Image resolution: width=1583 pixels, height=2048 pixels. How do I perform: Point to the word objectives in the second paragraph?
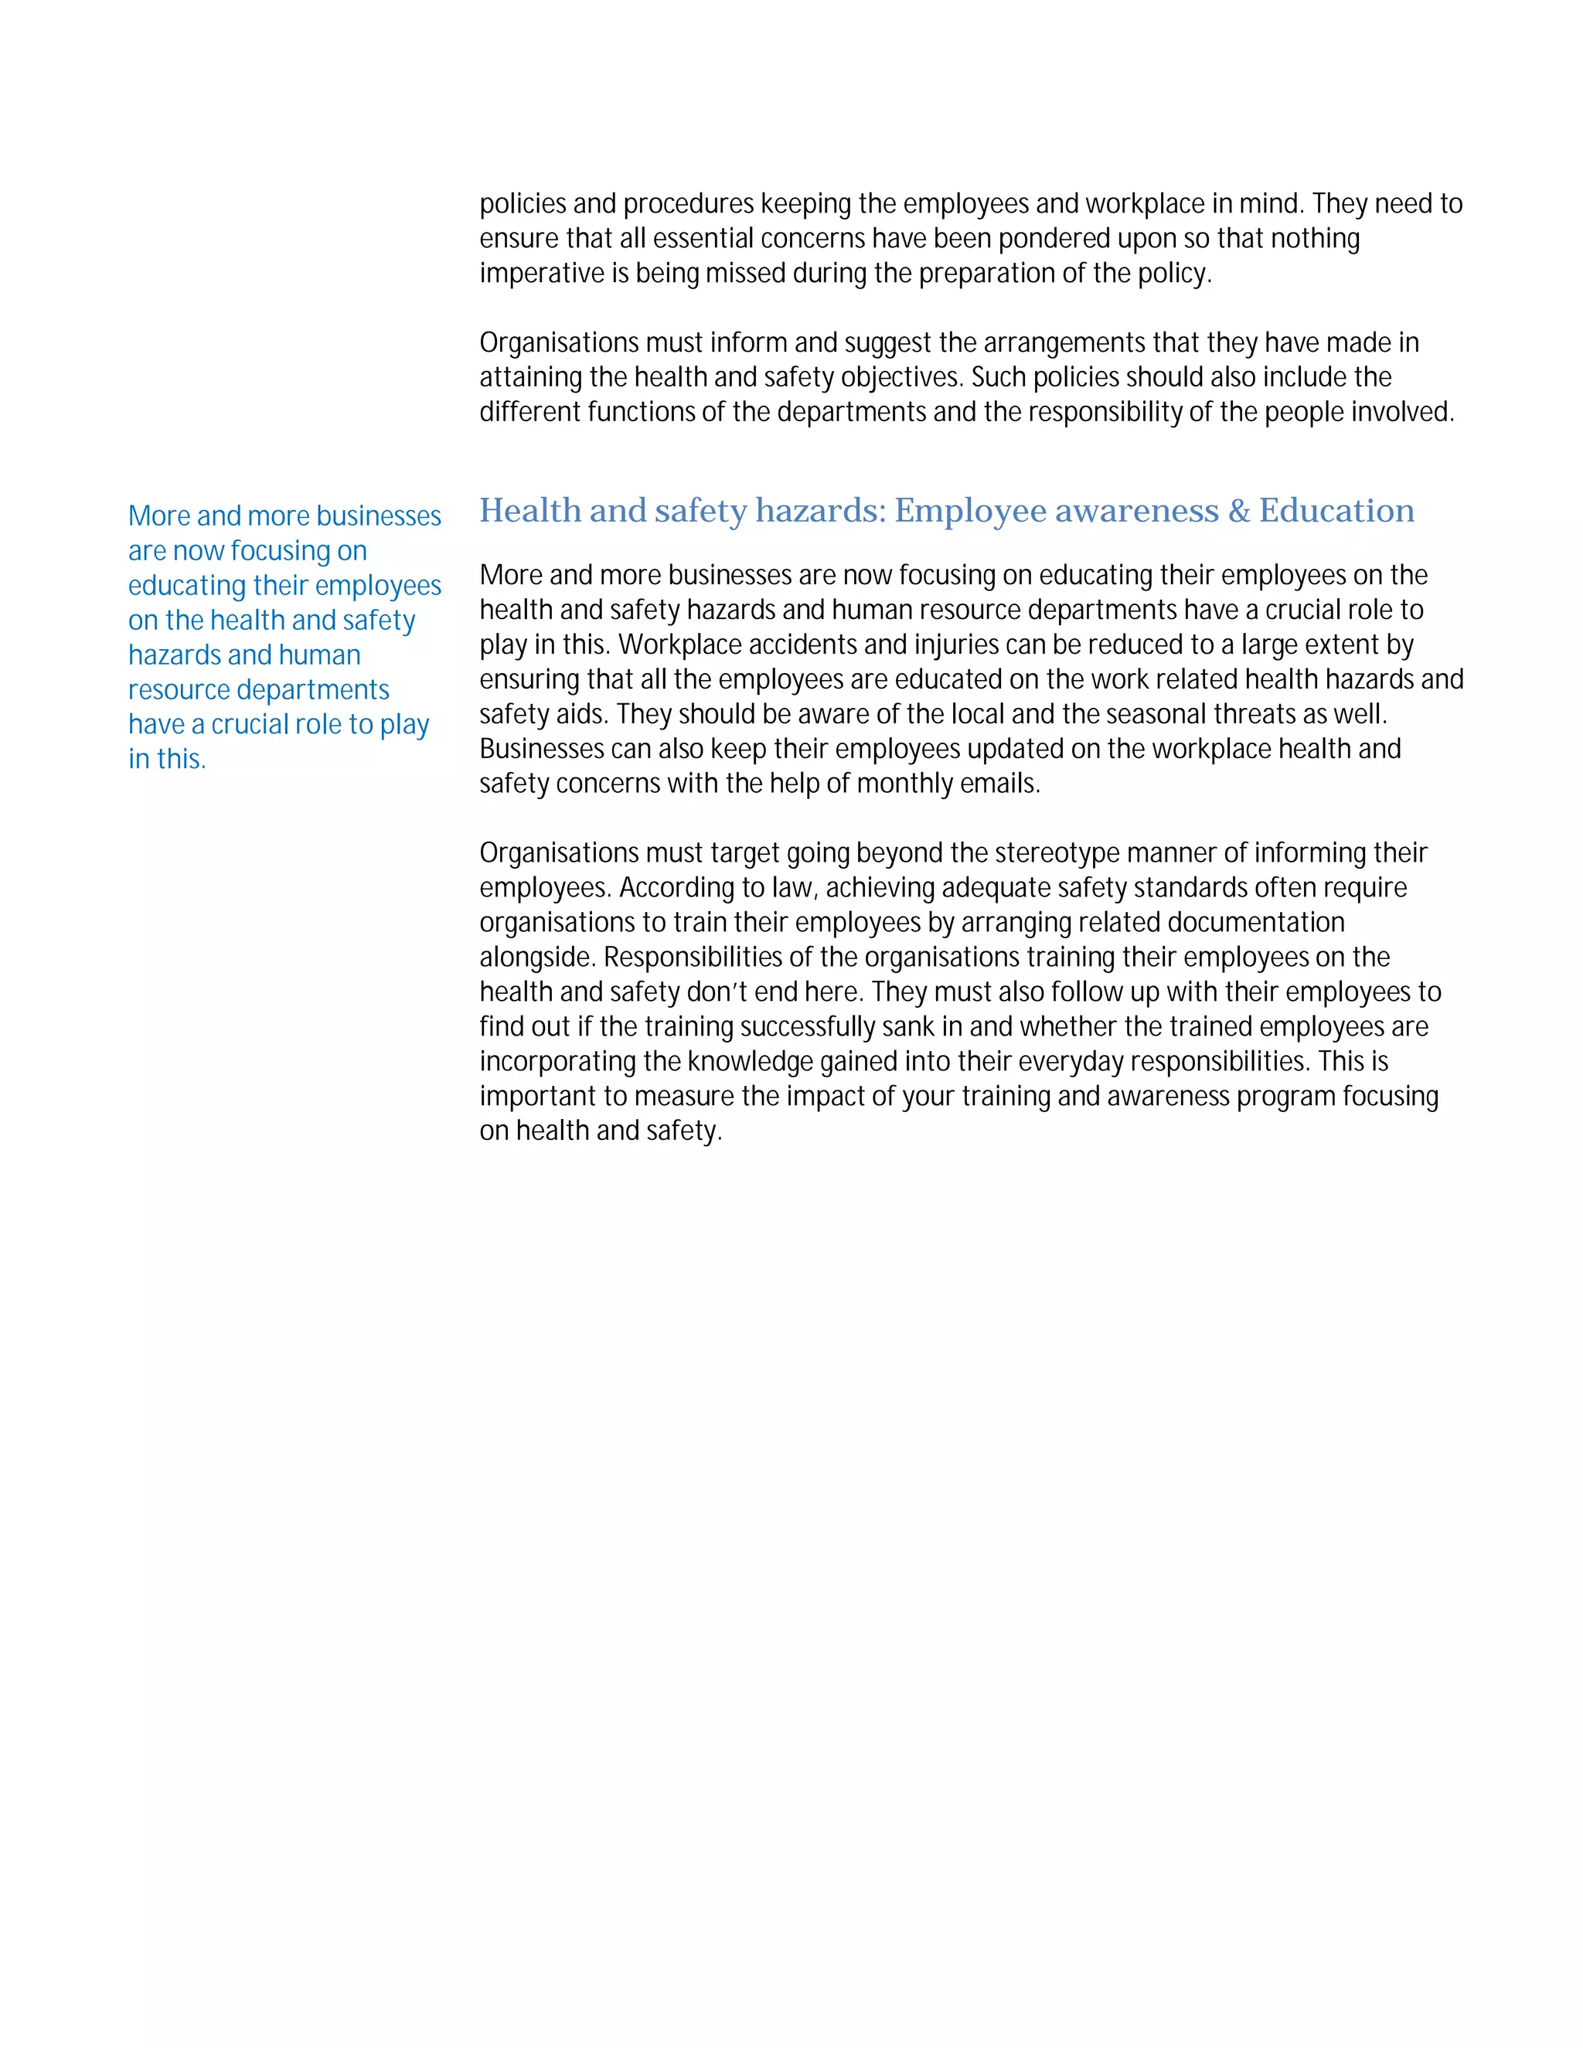[x=901, y=378]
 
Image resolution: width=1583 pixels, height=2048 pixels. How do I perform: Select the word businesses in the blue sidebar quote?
[x=378, y=517]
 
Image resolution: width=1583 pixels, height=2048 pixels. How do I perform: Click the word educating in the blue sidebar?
[x=186, y=586]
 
